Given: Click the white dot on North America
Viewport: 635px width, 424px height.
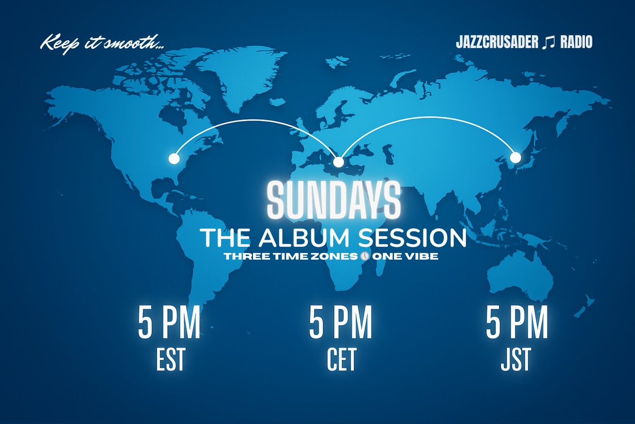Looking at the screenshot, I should [173, 158].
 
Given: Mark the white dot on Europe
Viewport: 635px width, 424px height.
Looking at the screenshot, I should [339, 161].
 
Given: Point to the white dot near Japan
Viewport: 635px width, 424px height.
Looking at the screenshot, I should [515, 157].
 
